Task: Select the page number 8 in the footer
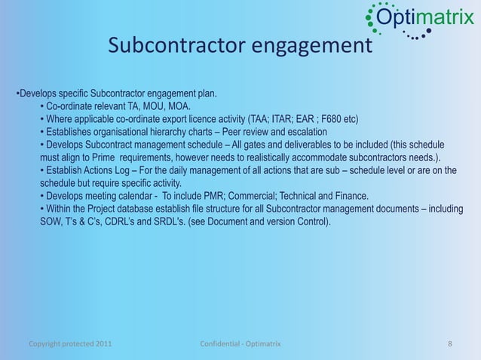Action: (450, 344)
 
